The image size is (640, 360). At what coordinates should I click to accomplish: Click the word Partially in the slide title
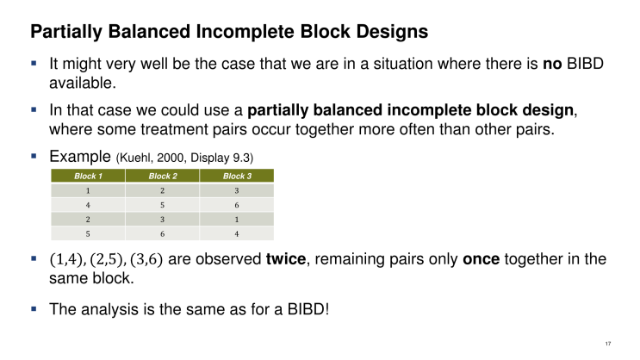(65, 34)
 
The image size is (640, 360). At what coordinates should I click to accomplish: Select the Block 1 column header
(87, 176)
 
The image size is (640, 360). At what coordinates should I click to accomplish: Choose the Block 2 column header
(161, 176)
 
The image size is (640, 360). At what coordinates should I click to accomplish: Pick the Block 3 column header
(236, 176)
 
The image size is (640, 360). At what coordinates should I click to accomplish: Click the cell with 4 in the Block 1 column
(87, 204)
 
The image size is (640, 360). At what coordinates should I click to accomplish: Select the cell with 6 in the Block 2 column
(161, 233)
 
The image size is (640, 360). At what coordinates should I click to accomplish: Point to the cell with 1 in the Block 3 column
(236, 219)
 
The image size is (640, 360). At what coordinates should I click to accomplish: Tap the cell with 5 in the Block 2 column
(161, 204)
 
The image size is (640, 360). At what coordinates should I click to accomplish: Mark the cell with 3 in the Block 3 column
(236, 190)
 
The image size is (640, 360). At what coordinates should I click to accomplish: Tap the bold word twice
(282, 258)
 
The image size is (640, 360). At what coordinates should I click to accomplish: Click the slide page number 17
(608, 344)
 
